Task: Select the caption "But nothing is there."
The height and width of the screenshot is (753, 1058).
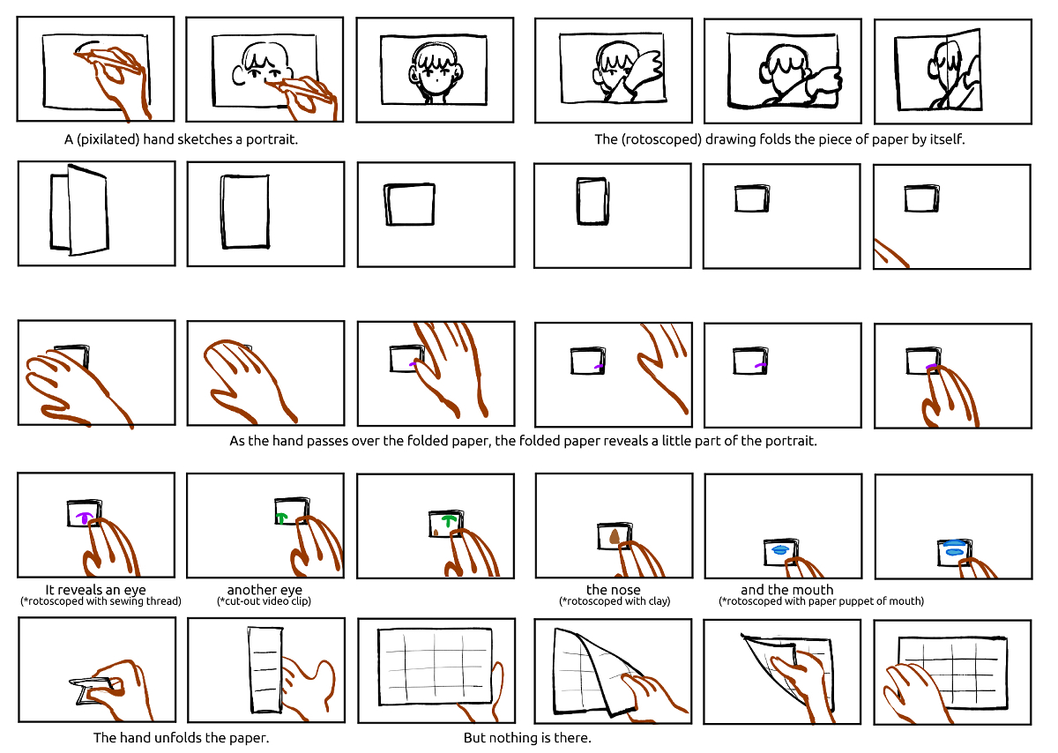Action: click(527, 737)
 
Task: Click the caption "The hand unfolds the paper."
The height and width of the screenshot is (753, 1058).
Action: click(181, 737)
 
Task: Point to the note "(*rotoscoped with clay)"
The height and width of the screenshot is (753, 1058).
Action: click(615, 601)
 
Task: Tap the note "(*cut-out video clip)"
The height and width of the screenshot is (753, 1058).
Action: click(264, 601)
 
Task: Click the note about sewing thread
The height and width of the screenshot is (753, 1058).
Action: click(101, 601)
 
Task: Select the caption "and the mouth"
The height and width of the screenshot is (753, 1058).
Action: click(786, 590)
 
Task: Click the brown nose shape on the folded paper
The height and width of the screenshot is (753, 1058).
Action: click(614, 537)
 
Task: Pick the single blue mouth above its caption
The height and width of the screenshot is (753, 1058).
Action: click(779, 549)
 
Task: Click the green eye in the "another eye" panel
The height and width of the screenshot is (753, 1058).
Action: click(281, 518)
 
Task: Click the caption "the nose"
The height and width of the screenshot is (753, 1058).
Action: click(613, 590)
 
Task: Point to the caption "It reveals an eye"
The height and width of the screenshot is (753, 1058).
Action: click(95, 590)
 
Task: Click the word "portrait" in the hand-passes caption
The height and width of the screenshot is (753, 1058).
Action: click(790, 441)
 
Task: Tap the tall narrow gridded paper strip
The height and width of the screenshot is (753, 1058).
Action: click(265, 670)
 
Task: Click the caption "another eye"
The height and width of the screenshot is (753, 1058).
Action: click(264, 590)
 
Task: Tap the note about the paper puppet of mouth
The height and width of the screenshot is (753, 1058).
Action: click(822, 601)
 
